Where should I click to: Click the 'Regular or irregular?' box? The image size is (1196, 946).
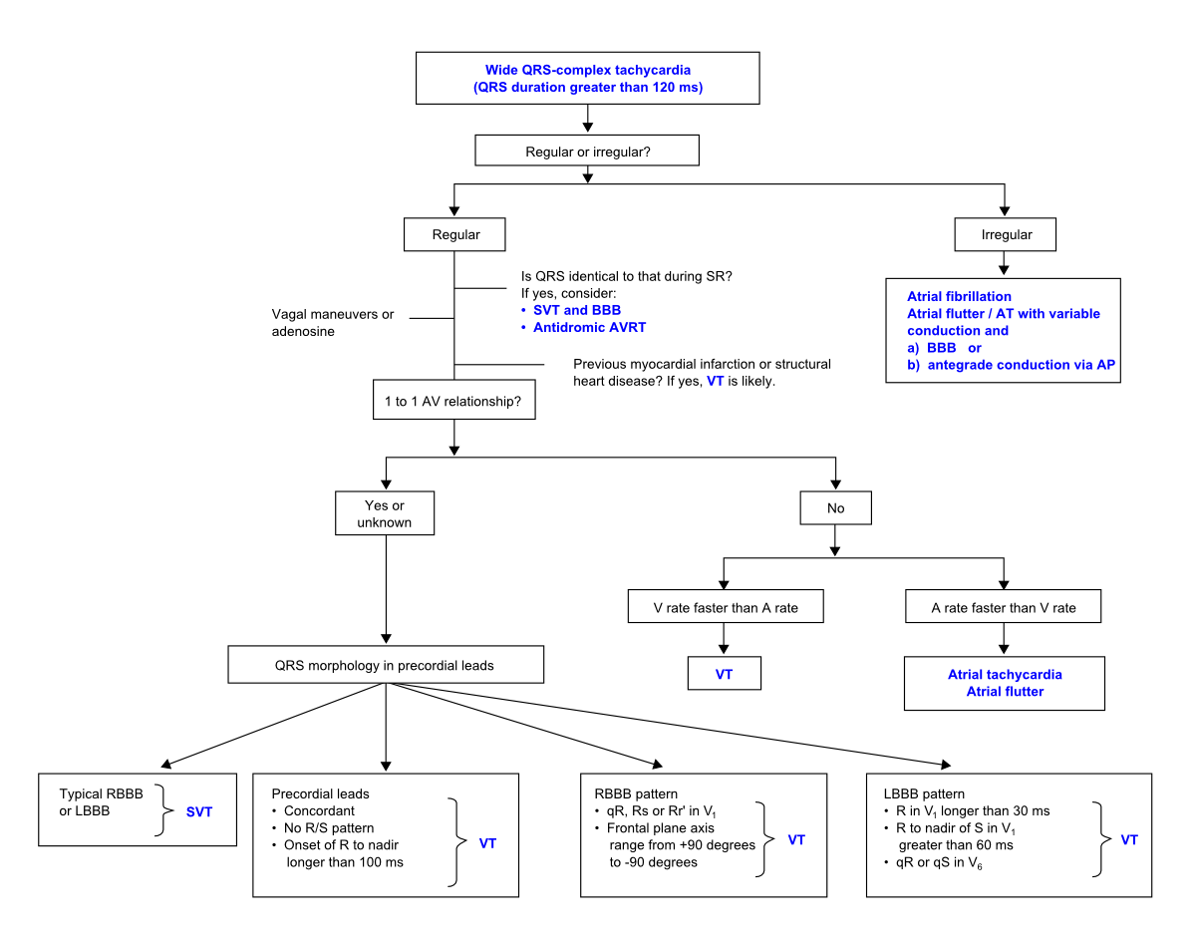coord(587,152)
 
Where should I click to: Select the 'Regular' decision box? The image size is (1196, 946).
coord(455,235)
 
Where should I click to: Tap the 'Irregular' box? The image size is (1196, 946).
coord(1006,235)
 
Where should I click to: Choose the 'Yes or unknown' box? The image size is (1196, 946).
coord(384,513)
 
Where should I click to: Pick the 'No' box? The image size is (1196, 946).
coord(835,508)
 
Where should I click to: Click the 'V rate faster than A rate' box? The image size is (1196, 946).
coord(725,607)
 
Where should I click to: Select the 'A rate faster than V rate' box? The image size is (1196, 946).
coord(1004,607)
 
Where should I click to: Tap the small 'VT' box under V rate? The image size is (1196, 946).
coord(725,674)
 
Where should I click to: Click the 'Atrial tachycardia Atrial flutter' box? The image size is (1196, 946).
coord(1004,683)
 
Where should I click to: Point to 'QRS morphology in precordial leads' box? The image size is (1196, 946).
coord(386,665)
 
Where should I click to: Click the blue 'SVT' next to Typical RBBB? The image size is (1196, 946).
coord(199,811)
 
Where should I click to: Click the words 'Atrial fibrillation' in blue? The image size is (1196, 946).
coord(959,296)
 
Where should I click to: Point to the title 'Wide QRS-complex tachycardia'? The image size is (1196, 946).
coord(587,71)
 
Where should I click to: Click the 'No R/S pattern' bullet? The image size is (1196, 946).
coord(329,828)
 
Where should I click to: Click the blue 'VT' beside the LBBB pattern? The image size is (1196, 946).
coord(1128,839)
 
